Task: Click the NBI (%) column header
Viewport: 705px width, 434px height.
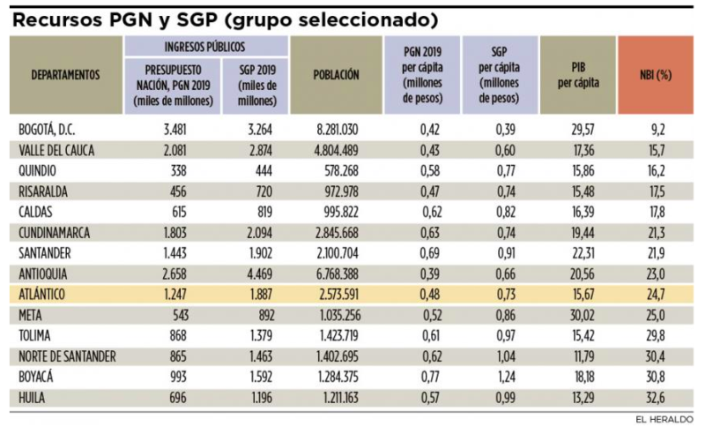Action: click(x=656, y=75)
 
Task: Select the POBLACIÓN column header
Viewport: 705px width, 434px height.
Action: click(x=337, y=75)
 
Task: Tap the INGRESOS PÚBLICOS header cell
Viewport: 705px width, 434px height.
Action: click(x=205, y=47)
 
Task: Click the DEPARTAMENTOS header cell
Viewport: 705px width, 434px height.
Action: click(x=65, y=75)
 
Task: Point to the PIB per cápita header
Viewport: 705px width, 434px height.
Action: click(x=578, y=75)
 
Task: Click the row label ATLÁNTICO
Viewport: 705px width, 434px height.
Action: click(x=41, y=295)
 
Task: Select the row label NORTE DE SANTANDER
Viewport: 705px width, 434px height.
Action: click(x=67, y=356)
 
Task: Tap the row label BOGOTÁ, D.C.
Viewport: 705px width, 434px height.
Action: click(x=47, y=130)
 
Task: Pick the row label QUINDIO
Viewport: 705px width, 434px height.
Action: click(x=37, y=171)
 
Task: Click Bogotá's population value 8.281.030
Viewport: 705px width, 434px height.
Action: click(x=338, y=130)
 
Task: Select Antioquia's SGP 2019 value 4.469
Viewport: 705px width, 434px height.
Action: click(x=261, y=273)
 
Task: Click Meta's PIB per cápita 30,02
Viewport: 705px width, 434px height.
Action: click(x=583, y=315)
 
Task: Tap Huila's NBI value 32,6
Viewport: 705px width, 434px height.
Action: click(x=656, y=398)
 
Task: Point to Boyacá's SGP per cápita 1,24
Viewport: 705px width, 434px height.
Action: click(x=506, y=378)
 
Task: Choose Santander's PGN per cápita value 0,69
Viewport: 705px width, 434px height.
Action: click(x=430, y=253)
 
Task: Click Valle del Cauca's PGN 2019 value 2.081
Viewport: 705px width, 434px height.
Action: click(x=174, y=150)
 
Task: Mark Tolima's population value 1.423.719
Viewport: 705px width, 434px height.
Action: click(x=339, y=336)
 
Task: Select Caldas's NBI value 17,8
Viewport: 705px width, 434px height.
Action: click(x=657, y=212)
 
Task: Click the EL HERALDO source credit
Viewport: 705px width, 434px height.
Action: click(x=664, y=420)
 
